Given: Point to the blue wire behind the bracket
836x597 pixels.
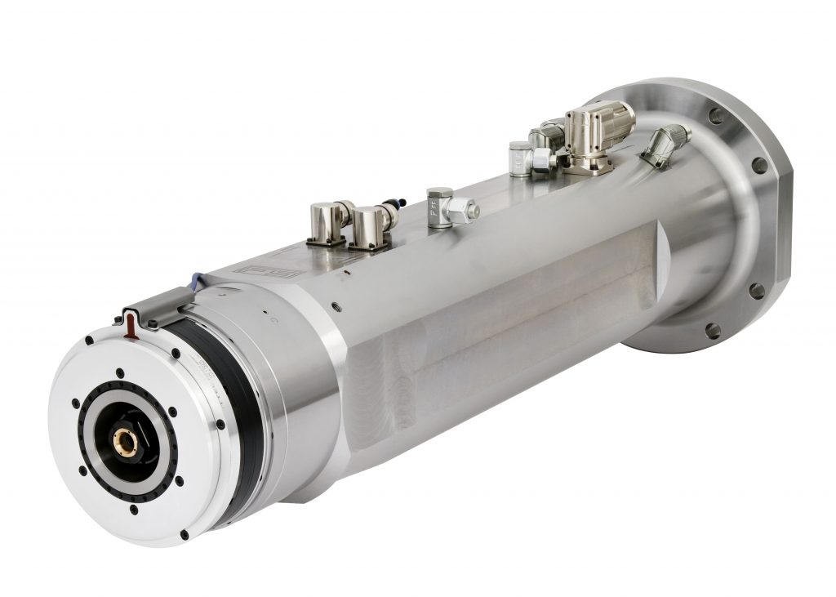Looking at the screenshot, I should tap(196, 282).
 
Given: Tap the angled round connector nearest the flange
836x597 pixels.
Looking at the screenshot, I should tap(665, 145).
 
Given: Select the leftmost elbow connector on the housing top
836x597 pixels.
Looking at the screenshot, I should tap(328, 222).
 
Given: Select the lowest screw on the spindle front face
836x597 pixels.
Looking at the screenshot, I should tap(184, 534).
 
